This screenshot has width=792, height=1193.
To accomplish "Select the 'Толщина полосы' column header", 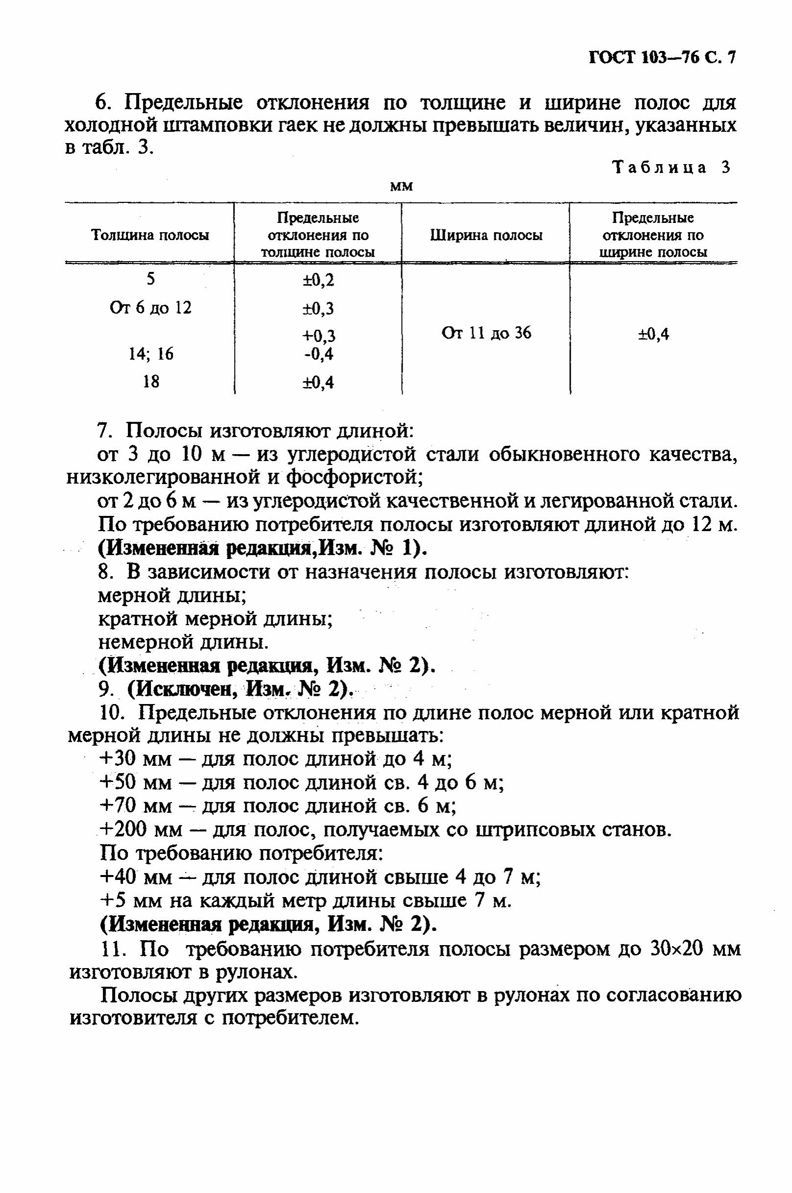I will click(150, 235).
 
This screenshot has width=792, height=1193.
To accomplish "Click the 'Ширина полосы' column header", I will click(486, 235).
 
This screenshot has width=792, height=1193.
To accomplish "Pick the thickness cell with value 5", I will click(150, 279).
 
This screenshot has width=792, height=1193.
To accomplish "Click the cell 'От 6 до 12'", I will click(150, 307).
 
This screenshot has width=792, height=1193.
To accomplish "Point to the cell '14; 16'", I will click(150, 354).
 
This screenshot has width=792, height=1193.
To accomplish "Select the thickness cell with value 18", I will click(150, 381).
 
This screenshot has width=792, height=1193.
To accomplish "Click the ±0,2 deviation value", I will click(318, 280).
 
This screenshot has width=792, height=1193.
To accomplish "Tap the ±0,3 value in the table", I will click(318, 308).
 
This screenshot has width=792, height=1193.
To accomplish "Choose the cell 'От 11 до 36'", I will click(486, 333).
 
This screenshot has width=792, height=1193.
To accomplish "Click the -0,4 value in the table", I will click(319, 354).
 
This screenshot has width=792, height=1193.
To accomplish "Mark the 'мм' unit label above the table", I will click(402, 187).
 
